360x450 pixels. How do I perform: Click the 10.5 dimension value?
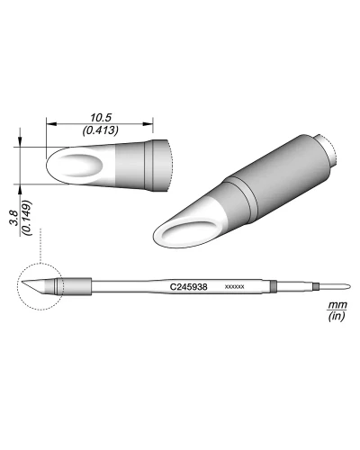click(101, 118)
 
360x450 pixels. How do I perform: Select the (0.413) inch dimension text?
click(101, 130)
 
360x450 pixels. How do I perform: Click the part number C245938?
click(188, 287)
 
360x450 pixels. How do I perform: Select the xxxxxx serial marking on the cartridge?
click(234, 287)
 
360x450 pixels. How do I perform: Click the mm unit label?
click(337, 305)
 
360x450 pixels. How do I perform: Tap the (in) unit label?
click(337, 316)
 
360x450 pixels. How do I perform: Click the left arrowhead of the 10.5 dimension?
click(51, 124)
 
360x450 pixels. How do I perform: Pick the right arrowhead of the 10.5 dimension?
click(148, 124)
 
